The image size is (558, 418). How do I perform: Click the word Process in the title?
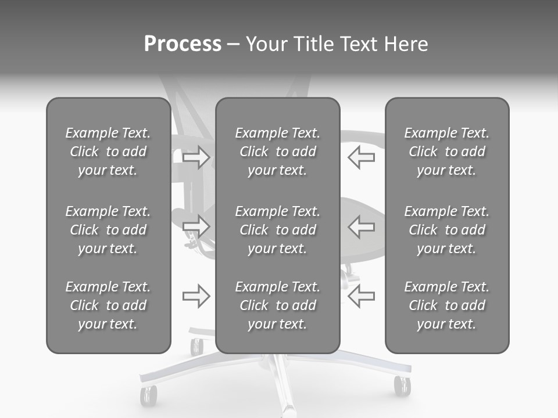coord(183,44)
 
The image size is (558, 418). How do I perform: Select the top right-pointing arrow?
coord(196,157)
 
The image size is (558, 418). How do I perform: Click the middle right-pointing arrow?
coord(196,226)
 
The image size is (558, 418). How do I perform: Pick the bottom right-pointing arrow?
coord(196,296)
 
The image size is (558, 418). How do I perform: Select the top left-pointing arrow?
coord(361,157)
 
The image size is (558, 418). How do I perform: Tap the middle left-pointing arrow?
coord(361,226)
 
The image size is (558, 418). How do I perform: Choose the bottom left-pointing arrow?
coord(361,296)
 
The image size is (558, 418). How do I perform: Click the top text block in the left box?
coord(108,152)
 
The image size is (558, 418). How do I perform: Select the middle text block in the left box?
coord(108,230)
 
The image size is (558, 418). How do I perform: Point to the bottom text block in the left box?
coord(108,305)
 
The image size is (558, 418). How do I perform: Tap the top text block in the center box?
coord(277,152)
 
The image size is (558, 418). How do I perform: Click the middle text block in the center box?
coord(277,230)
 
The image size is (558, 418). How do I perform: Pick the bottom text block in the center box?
coord(277,305)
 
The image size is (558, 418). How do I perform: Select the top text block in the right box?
coord(447,152)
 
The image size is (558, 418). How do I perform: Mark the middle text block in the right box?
coord(447,230)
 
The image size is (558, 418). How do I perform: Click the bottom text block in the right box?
coord(447,305)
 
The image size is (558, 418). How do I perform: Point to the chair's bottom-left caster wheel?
coord(149,395)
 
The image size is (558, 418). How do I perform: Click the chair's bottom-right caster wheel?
coord(402,385)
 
